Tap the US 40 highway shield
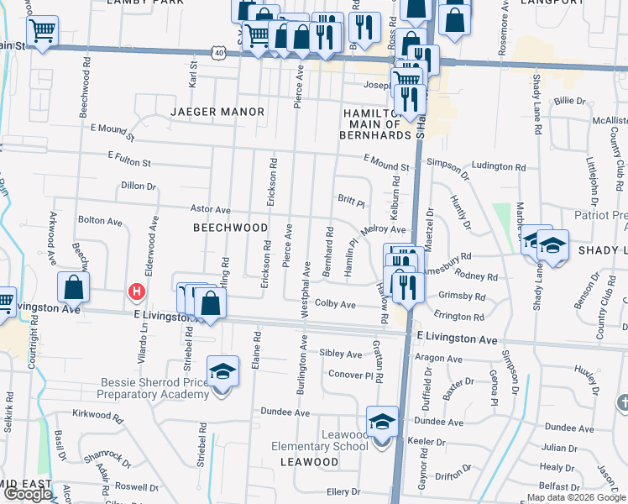tap(218, 52)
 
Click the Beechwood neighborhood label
tap(230, 228)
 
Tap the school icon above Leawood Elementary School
tap(382, 422)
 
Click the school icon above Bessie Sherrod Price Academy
tap(222, 370)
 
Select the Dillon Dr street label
tap(139, 186)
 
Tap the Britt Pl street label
tap(351, 202)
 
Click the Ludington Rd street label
tap(492, 166)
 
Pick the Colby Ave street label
tap(335, 304)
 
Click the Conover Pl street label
tap(349, 374)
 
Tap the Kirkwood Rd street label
tap(92, 414)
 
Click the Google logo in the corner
tap(28, 494)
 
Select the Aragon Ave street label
tap(439, 358)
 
